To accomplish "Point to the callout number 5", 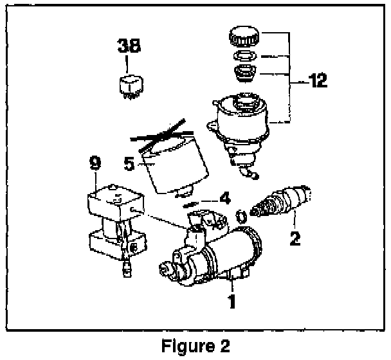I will pyautogui.click(x=129, y=163).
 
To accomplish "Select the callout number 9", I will pyautogui.click(x=95, y=164).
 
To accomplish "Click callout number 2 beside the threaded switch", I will pyautogui.click(x=295, y=239).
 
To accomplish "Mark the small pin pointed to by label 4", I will pyautogui.click(x=190, y=205).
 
